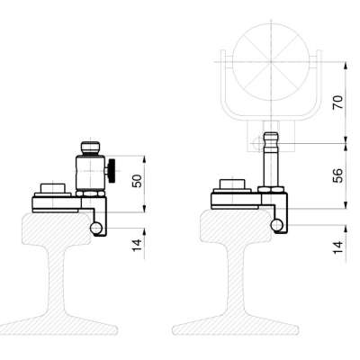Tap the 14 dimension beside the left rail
[136, 244]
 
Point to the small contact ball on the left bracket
[95, 229]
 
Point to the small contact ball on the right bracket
[275, 223]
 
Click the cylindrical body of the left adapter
[89, 170]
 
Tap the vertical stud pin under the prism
[269, 162]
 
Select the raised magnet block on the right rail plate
[232, 187]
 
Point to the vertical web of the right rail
[236, 283]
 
